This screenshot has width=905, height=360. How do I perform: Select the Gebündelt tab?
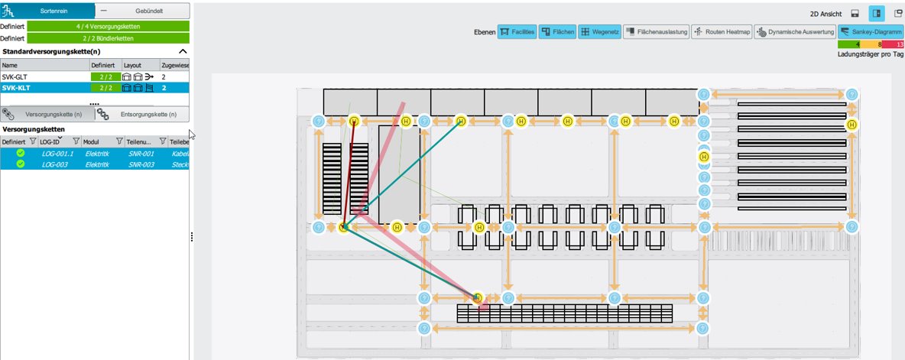pyautogui.click(x=142, y=11)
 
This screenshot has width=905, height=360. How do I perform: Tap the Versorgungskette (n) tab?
pyautogui.click(x=53, y=114)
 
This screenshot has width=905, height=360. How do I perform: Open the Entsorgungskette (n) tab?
pyautogui.click(x=148, y=114)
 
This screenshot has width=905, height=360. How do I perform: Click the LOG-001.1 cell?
pyautogui.click(x=58, y=154)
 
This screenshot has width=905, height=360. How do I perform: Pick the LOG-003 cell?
pyautogui.click(x=56, y=164)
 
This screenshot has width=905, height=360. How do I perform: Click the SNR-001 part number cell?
pyautogui.click(x=141, y=154)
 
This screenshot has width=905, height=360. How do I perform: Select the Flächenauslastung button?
pyautogui.click(x=654, y=32)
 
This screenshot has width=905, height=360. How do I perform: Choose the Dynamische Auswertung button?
pyautogui.click(x=794, y=32)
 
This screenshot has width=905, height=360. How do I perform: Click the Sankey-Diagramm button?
pyautogui.click(x=871, y=32)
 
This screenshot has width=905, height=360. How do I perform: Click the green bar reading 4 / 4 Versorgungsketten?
pyautogui.click(x=108, y=26)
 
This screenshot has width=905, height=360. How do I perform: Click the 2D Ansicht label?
pyautogui.click(x=826, y=14)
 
